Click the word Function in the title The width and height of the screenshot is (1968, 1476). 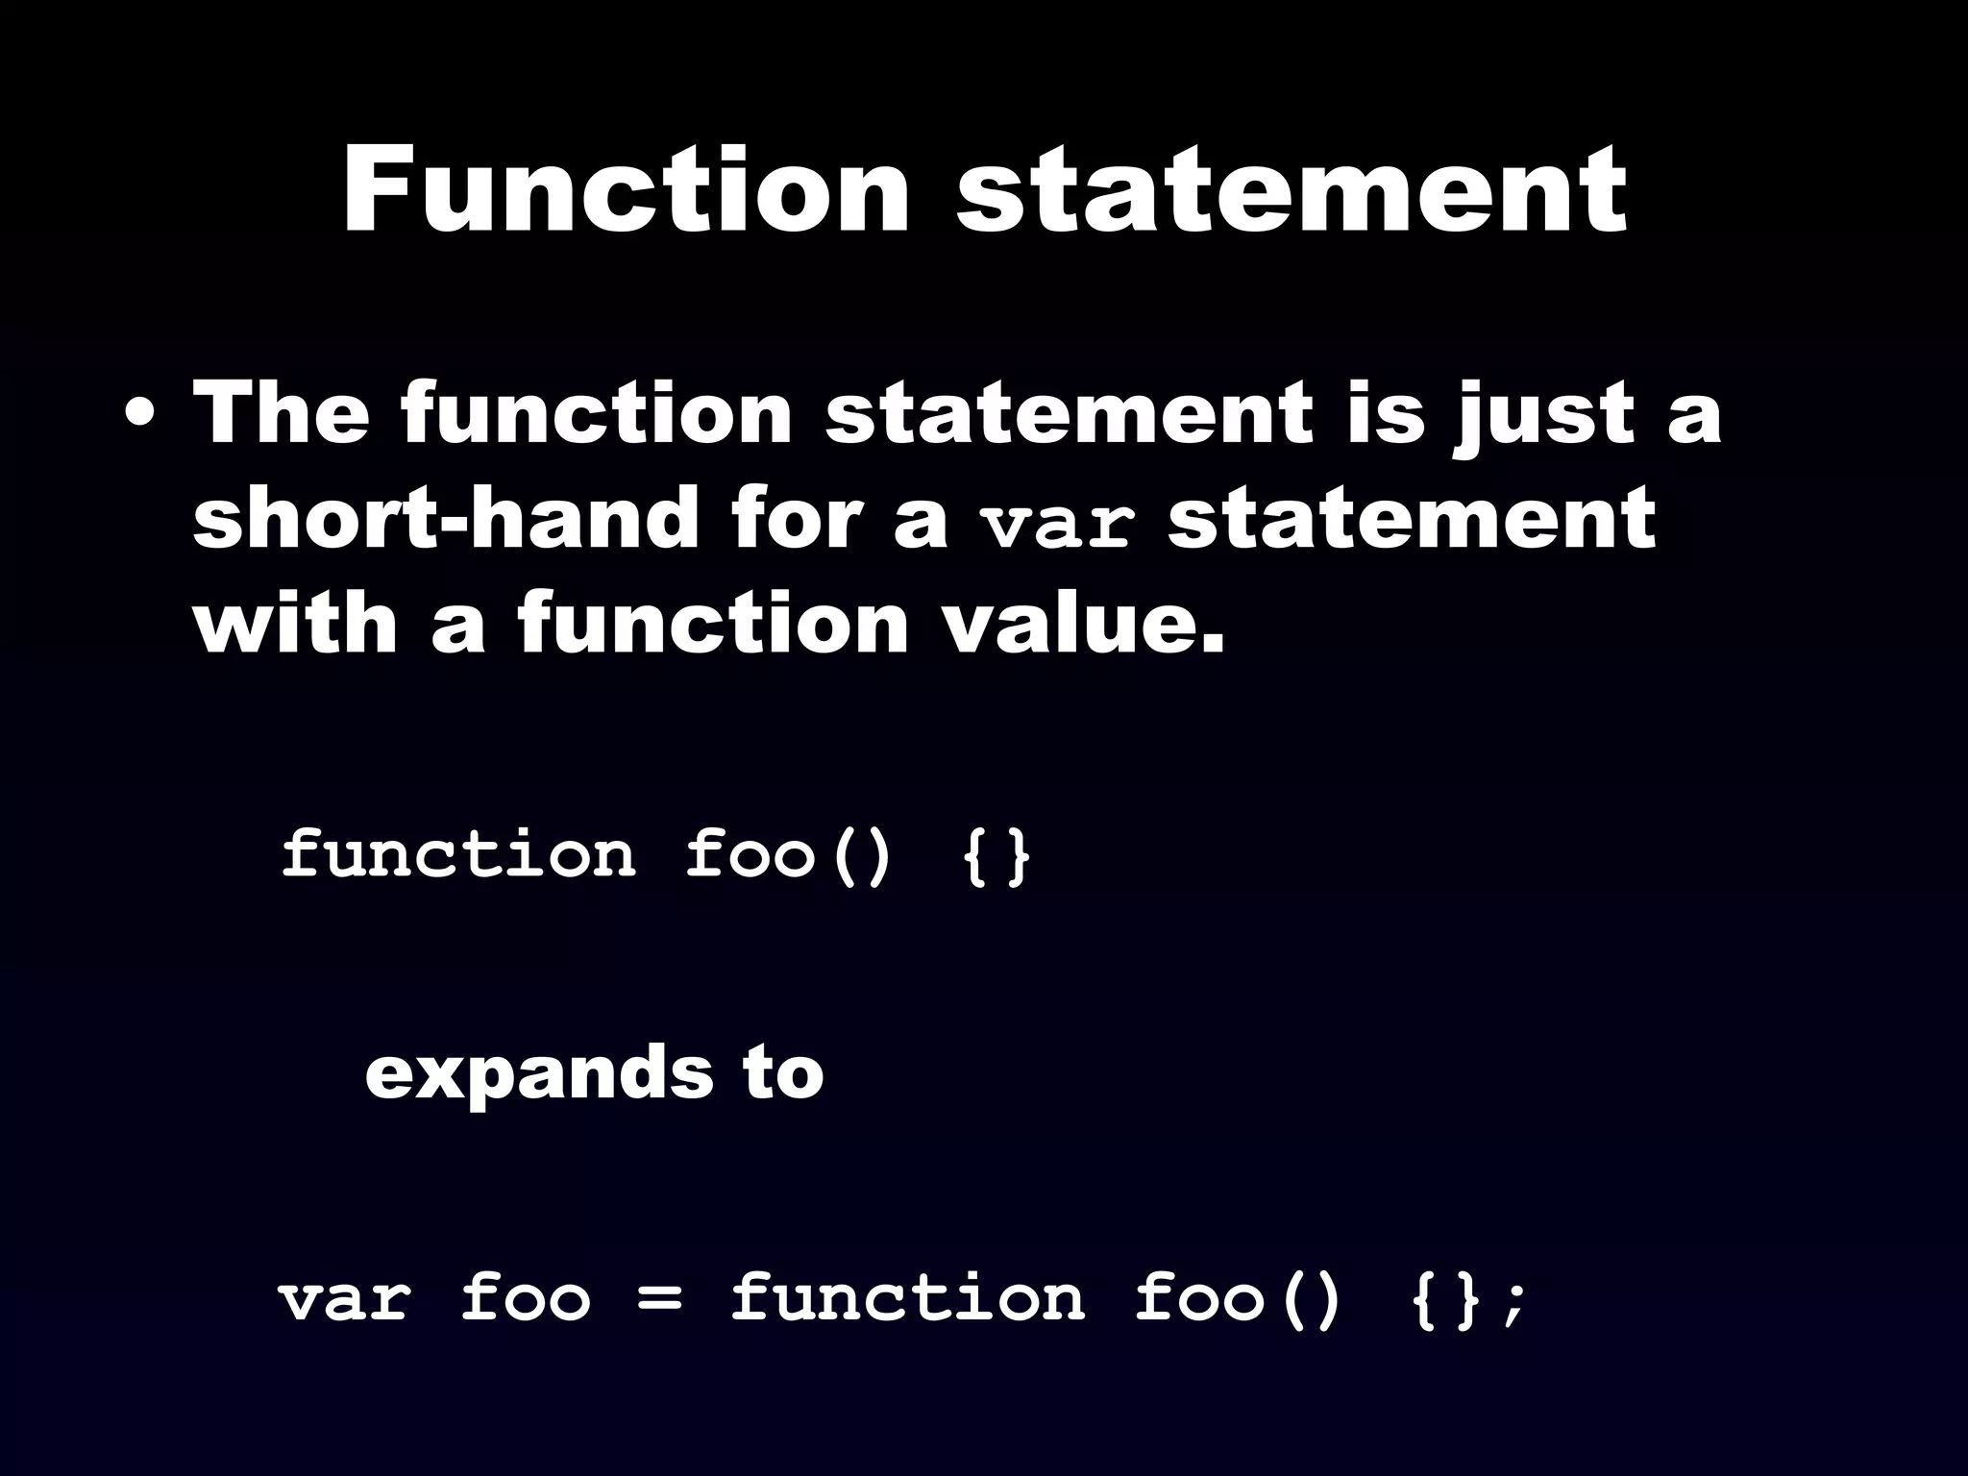[x=626, y=191]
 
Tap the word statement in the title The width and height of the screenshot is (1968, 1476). [x=1291, y=193]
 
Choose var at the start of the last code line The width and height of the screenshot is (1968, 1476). [x=345, y=1298]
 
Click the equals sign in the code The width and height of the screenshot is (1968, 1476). [x=660, y=1300]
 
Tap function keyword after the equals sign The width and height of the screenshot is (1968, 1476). [x=908, y=1298]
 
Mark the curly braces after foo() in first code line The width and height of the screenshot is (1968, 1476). [x=996, y=855]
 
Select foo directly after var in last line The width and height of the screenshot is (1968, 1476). [x=525, y=1298]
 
